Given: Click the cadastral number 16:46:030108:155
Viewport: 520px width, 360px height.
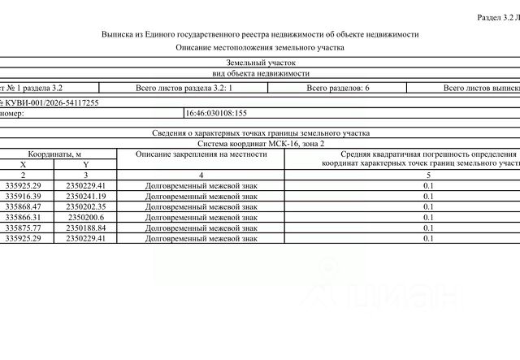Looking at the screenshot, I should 216,115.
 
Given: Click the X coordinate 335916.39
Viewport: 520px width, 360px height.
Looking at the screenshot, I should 23,196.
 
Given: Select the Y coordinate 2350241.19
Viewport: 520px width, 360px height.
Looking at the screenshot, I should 86,196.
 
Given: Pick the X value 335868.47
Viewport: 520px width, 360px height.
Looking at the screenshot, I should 23,206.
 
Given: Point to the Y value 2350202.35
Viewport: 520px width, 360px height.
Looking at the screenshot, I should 86,206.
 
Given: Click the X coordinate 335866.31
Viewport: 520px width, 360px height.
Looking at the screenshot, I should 23,217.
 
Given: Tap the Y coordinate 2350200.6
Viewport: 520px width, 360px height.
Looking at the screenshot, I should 84,217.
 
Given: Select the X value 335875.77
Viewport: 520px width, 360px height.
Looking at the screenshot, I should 23,228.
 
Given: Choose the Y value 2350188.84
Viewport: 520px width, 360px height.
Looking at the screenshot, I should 86,228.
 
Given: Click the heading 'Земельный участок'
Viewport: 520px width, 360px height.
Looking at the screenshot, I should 260,62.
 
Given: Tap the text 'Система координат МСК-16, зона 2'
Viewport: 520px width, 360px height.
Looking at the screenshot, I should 260,142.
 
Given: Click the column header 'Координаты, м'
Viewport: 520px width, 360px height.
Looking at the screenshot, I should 54,153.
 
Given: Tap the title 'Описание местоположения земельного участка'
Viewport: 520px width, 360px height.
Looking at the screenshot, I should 260,47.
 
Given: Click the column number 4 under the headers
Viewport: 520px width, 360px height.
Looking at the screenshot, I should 201,175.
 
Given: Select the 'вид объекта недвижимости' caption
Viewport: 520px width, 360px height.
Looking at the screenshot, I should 260,72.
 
